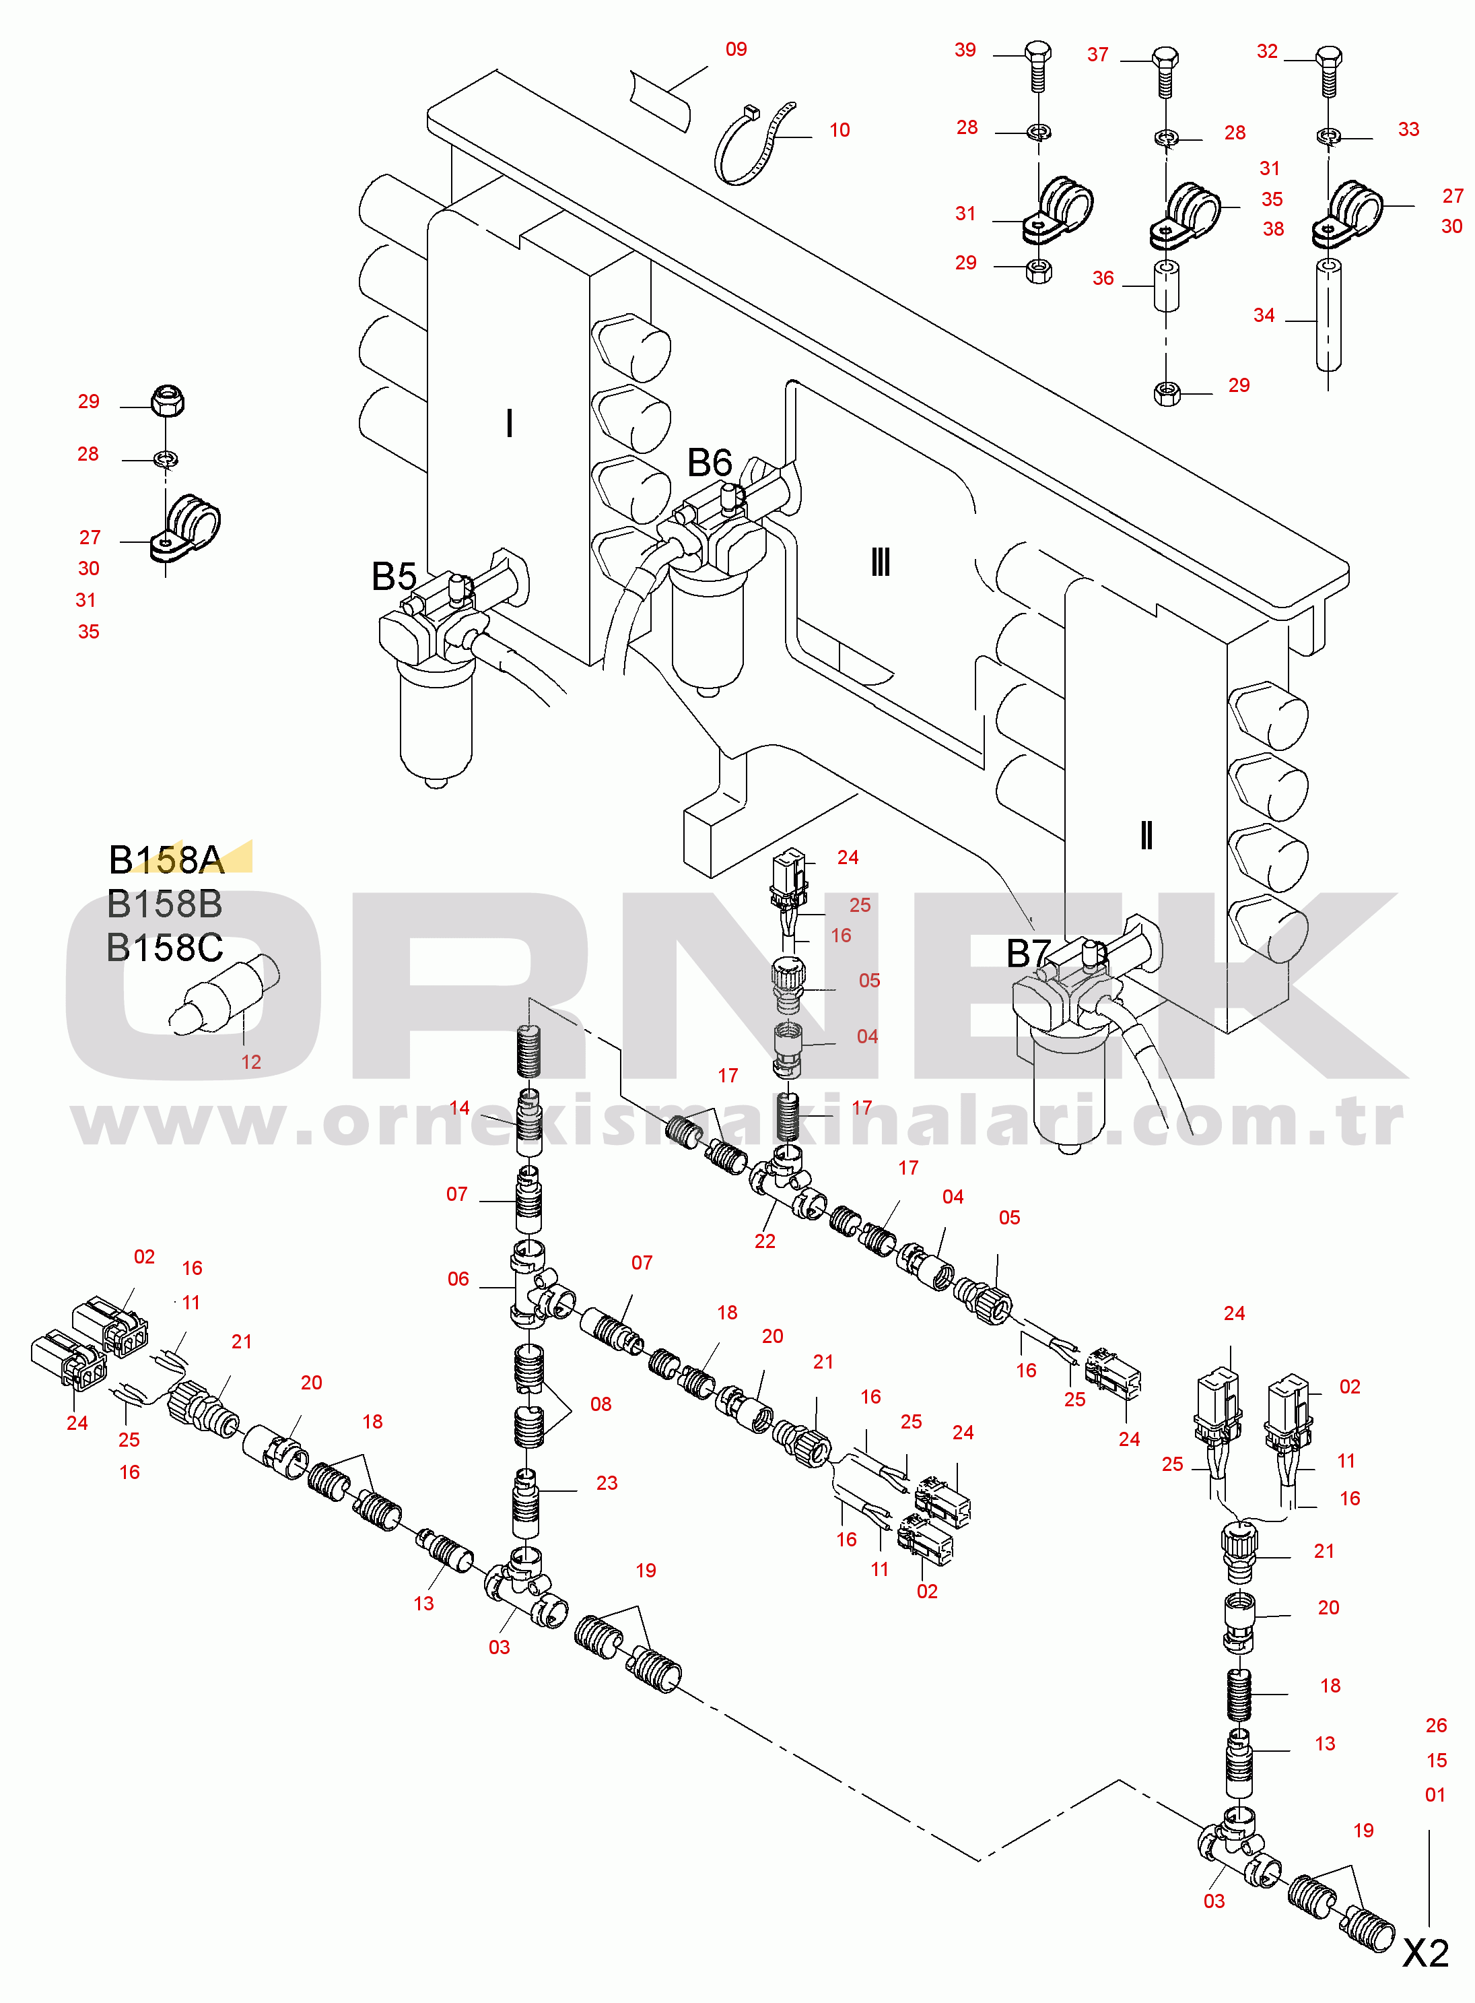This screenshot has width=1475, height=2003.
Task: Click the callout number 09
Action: (x=736, y=49)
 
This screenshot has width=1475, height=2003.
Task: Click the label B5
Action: (x=394, y=577)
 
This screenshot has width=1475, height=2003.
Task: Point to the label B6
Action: (x=709, y=463)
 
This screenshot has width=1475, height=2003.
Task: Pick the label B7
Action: (x=1029, y=953)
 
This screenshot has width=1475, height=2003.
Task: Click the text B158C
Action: (x=164, y=948)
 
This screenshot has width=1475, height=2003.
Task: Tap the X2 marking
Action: (x=1425, y=1954)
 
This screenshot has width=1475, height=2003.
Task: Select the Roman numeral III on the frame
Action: (x=881, y=562)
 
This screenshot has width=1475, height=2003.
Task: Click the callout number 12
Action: (x=251, y=1061)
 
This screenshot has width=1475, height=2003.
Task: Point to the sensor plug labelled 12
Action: (x=224, y=994)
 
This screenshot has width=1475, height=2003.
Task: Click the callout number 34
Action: (x=1264, y=315)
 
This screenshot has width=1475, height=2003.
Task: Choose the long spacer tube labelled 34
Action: (x=1328, y=315)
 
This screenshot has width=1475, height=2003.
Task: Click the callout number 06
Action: (x=458, y=1279)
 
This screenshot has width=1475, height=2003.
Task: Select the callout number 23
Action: (x=607, y=1482)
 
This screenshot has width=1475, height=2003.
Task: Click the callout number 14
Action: (x=459, y=1107)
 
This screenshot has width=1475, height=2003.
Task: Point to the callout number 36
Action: (x=1103, y=277)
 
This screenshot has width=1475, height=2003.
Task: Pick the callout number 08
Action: (x=601, y=1404)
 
